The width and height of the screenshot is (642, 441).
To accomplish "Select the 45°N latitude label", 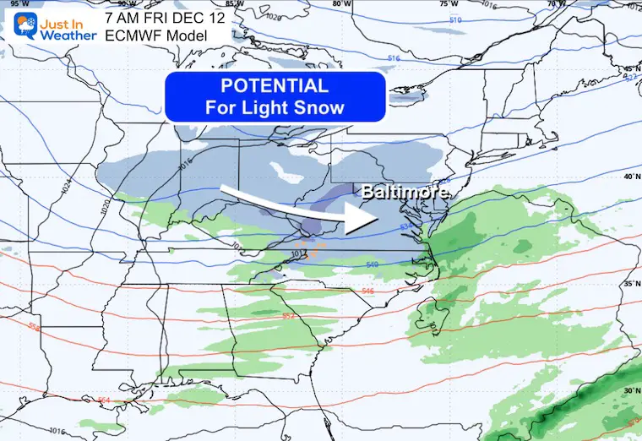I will [631, 70].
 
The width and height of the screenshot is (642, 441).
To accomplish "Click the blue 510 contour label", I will [456, 19].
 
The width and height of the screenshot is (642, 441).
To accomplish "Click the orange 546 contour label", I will [367, 291].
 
